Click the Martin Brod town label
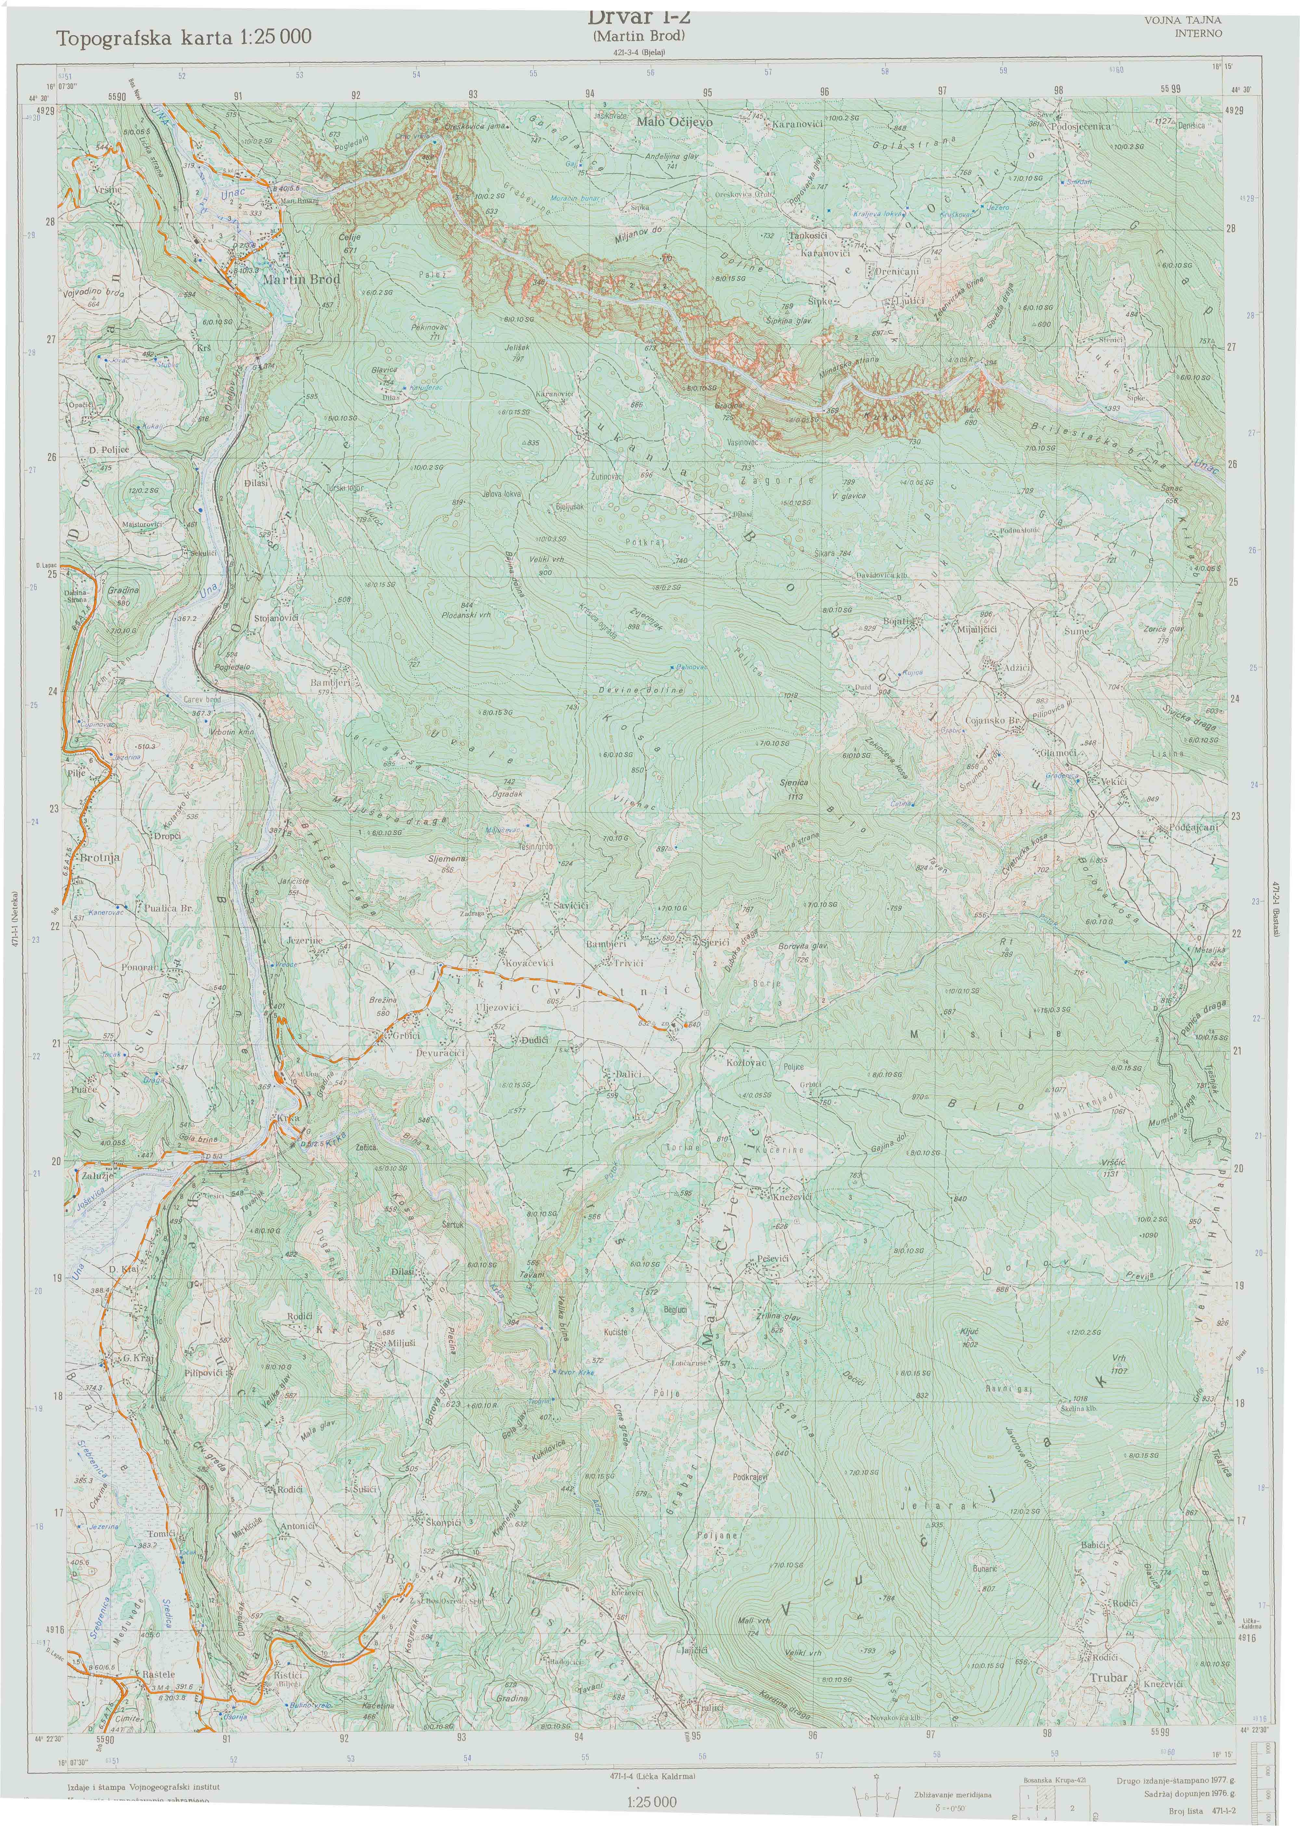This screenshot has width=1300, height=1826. pyautogui.click(x=301, y=279)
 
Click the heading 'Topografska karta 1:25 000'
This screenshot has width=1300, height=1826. pyautogui.click(x=184, y=37)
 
